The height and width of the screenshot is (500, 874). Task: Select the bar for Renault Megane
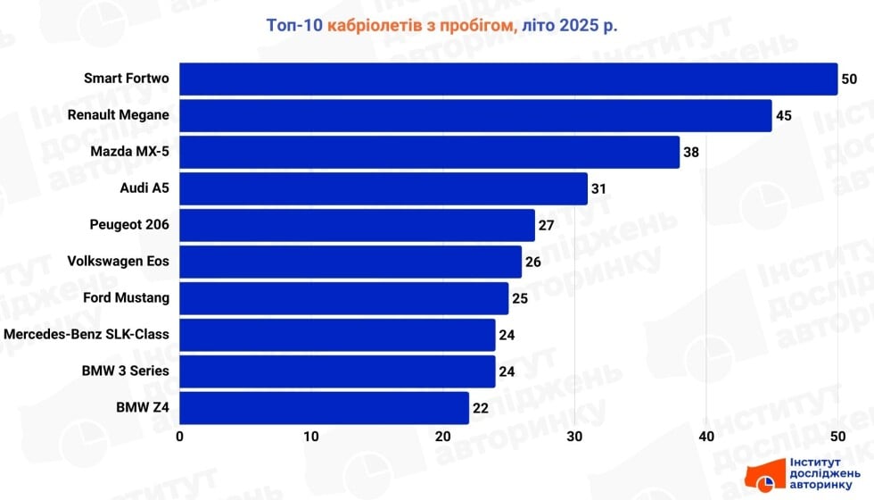tap(475, 115)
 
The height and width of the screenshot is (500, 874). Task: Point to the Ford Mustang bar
tap(344, 298)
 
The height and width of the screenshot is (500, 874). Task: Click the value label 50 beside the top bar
tap(849, 79)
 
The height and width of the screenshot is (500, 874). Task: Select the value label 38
tap(691, 152)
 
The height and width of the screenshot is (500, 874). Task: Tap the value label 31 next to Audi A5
tap(599, 188)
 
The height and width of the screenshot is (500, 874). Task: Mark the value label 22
tap(481, 408)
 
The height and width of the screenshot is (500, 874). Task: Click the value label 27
tap(547, 225)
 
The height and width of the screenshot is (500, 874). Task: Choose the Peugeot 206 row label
tap(129, 225)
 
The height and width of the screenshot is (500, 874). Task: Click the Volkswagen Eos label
tap(118, 262)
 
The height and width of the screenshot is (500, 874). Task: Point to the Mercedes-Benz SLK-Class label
tap(87, 335)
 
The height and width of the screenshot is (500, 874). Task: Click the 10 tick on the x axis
tap(311, 437)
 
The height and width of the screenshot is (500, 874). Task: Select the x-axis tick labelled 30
tap(574, 437)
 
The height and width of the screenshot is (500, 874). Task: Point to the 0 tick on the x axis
tap(180, 437)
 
